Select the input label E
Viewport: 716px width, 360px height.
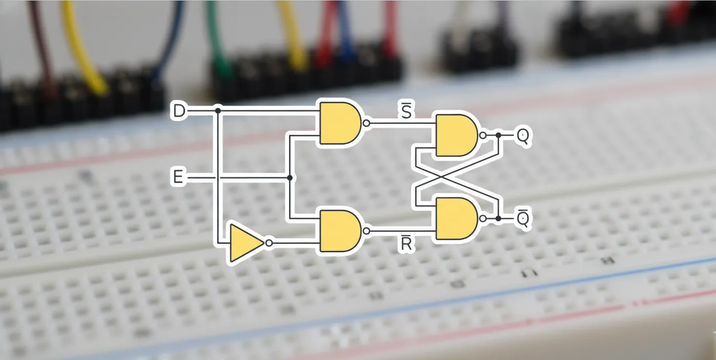[x=178, y=178]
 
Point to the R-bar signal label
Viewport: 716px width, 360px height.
[x=406, y=244]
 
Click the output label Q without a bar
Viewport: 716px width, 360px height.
[x=523, y=135]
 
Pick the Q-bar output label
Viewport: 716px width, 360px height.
[x=523, y=218]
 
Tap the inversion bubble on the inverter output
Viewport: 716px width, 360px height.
[x=269, y=243]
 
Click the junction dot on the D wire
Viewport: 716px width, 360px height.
[x=218, y=110]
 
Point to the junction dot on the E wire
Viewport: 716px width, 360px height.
[x=290, y=178]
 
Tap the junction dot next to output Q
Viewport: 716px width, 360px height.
[x=498, y=135]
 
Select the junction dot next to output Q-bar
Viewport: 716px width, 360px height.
[x=498, y=218]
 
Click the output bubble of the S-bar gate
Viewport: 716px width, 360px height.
[x=366, y=123]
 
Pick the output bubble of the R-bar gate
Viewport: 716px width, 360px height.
[x=366, y=231]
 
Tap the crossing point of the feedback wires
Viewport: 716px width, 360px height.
[x=457, y=177]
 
